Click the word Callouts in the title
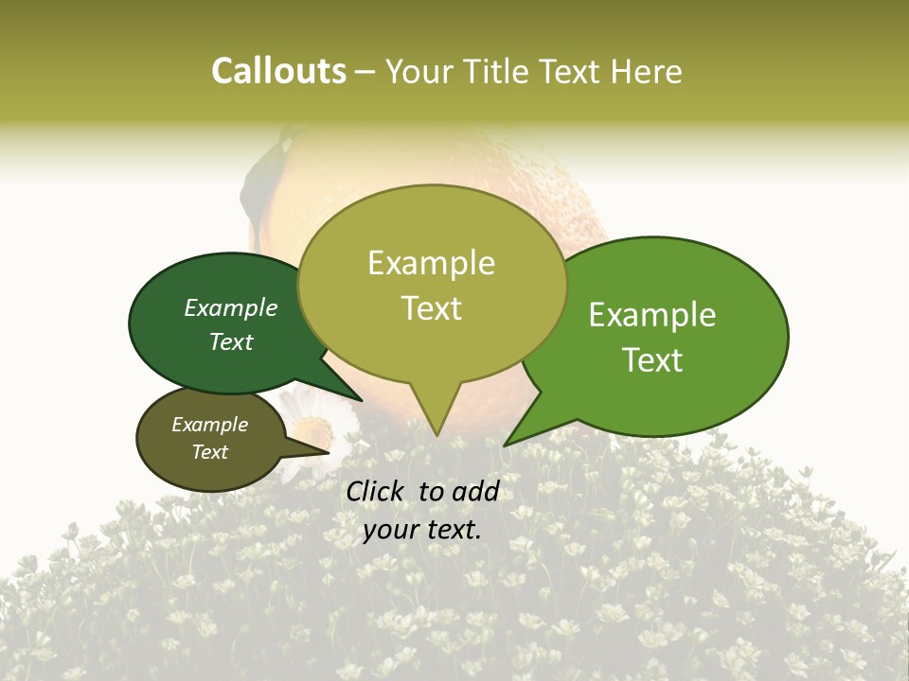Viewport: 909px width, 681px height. coord(278,71)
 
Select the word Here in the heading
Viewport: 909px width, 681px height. coord(647,72)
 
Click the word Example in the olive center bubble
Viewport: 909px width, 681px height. coord(431,263)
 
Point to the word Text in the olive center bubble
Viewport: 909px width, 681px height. coord(431,308)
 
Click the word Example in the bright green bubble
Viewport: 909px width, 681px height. coord(652,315)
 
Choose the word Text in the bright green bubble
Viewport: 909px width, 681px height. coord(652,360)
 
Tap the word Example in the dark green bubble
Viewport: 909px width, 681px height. coord(230,308)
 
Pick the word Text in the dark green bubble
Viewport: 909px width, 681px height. coord(230,342)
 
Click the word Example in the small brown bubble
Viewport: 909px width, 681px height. coord(209,425)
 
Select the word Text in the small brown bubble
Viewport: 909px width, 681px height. coord(209,452)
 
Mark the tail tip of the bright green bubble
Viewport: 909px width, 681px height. coord(505,445)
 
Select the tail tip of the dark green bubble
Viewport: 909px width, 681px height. coord(361,401)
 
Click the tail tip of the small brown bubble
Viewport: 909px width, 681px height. coord(329,453)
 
